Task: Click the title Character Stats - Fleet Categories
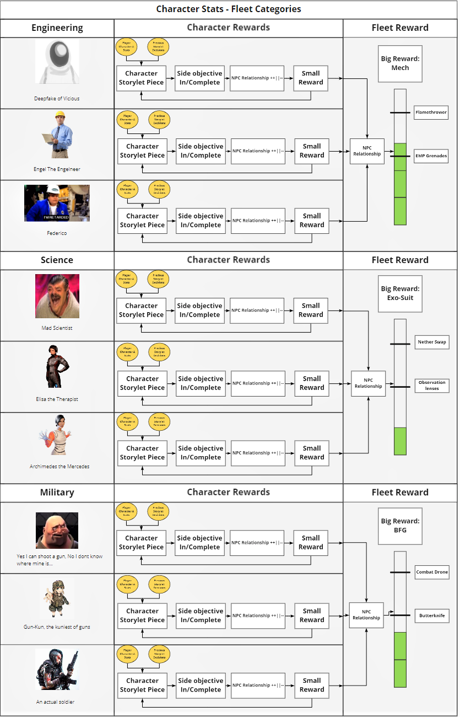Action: (x=229, y=9)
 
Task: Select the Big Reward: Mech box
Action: (x=400, y=63)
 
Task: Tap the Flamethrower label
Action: (x=431, y=113)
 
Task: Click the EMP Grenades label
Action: (x=431, y=156)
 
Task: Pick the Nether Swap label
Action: (x=432, y=342)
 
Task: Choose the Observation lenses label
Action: (x=432, y=385)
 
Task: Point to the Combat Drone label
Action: (x=432, y=572)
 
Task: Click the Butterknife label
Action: (x=432, y=616)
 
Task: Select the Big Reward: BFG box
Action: (x=400, y=526)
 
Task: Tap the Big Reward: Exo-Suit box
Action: (x=400, y=293)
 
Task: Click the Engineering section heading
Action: (x=57, y=28)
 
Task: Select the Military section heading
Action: (x=57, y=493)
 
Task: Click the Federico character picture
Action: (x=57, y=203)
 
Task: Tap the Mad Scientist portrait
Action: (x=57, y=296)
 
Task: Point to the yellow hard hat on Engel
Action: (x=60, y=115)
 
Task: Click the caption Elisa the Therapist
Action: (x=57, y=399)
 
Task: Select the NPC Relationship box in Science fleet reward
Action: (x=368, y=383)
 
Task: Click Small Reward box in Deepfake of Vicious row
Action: (x=311, y=78)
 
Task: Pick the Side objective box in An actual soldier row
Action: (x=201, y=685)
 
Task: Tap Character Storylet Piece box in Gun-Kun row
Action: (x=142, y=616)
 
